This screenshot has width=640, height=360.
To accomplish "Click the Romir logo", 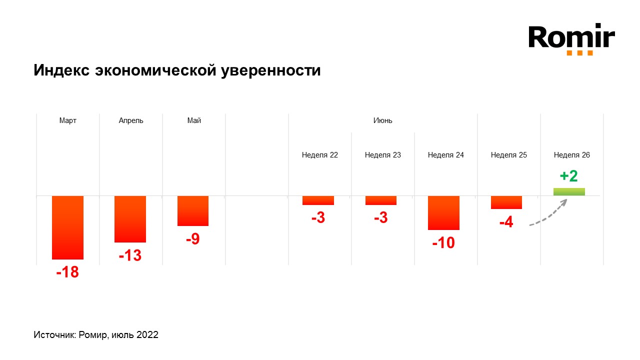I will point(571,38).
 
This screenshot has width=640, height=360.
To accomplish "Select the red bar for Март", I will point(67,227).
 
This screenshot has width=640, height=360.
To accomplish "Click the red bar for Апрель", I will point(130,219).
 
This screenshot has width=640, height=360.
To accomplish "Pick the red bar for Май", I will point(193,210).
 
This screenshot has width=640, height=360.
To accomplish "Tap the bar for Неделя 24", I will point(443,212).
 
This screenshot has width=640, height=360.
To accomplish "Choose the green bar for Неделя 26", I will point(569,191).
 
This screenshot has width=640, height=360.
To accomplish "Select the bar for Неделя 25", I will point(506,202).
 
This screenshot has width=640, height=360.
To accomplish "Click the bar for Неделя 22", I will point(318,200).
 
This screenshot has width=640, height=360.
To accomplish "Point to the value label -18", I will point(67,273).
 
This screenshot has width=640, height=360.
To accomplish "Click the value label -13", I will point(130,256).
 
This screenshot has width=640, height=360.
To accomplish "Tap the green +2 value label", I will point(568,176).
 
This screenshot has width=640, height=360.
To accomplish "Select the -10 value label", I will point(443,243).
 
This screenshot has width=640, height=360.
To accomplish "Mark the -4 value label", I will point(506,222).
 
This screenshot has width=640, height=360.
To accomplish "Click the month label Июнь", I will point(382,120).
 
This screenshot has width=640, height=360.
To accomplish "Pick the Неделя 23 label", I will point(382,155).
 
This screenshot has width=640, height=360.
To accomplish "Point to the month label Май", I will point(194,120).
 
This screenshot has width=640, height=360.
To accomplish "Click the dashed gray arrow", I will point(548,214).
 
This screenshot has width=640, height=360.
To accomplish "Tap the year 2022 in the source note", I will point(147,335).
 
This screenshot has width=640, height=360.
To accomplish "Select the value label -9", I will point(192,239).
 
